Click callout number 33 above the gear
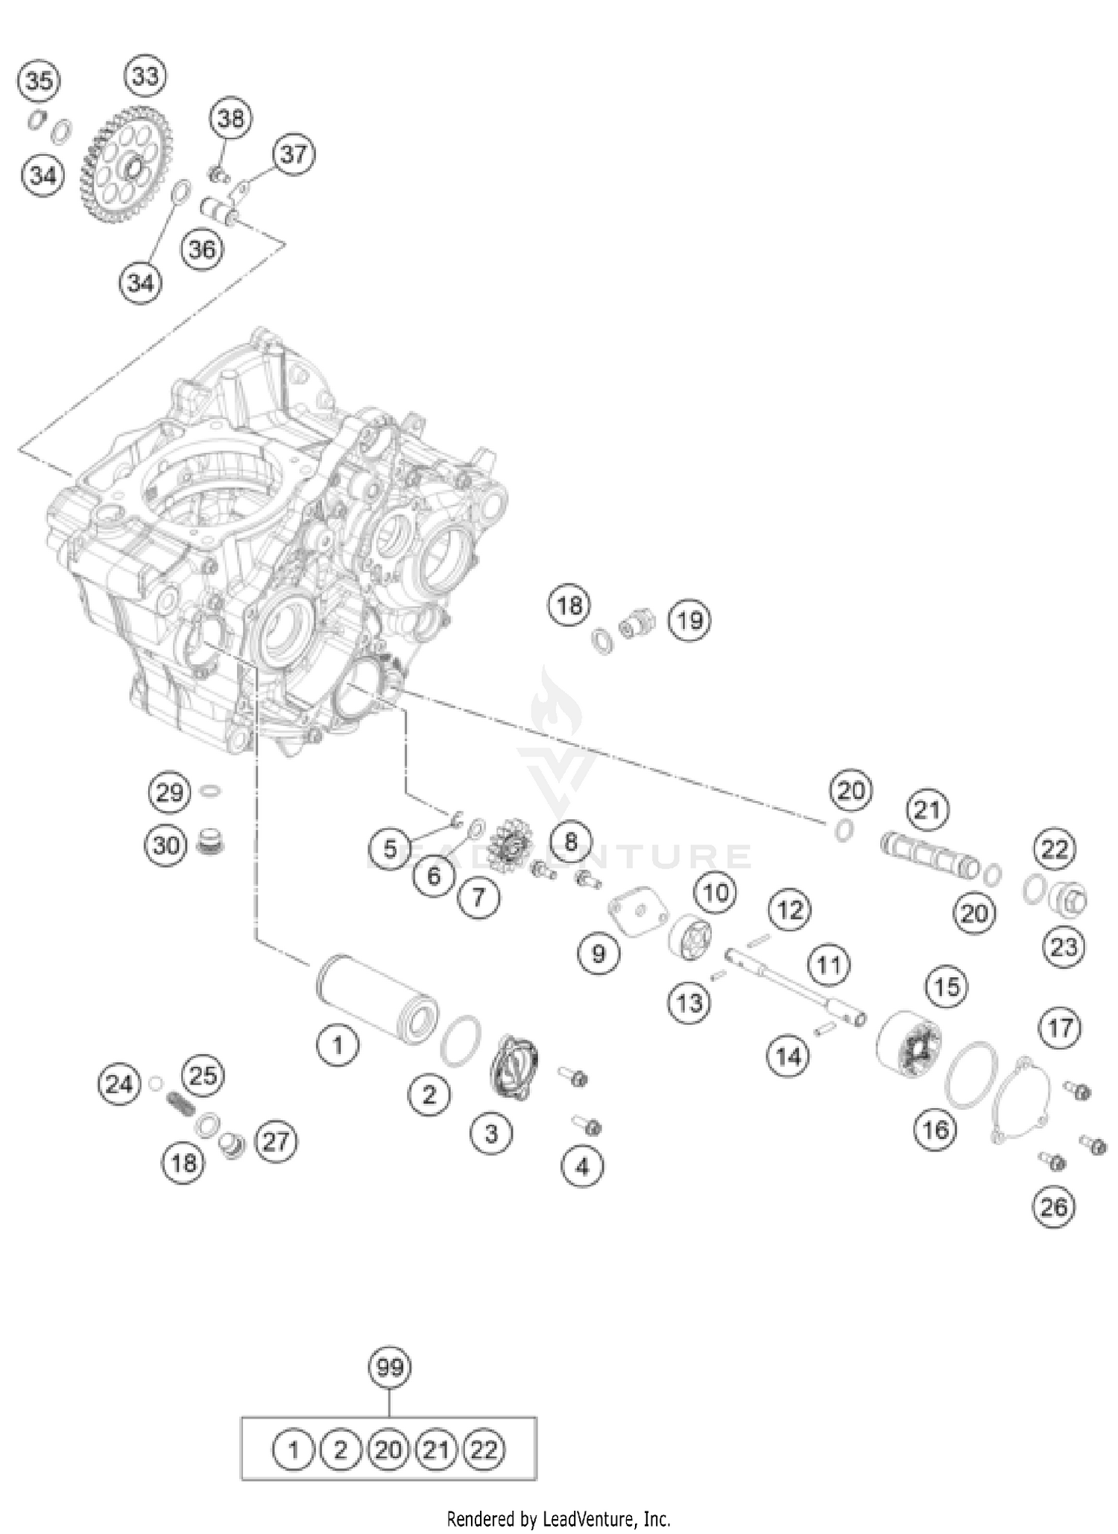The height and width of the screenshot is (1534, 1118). (145, 76)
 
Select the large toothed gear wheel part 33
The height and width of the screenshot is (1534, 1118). (127, 171)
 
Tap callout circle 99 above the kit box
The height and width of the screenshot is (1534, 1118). (390, 1367)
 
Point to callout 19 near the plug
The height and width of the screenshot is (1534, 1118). (689, 619)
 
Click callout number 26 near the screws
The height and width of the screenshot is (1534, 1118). (1053, 1206)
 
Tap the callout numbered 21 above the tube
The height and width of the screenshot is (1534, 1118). (927, 809)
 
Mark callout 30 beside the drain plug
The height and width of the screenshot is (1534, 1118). (166, 845)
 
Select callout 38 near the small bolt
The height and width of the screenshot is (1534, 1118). (230, 118)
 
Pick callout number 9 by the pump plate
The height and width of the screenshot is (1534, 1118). (599, 953)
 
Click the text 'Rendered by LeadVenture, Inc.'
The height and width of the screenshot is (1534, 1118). (558, 1518)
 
